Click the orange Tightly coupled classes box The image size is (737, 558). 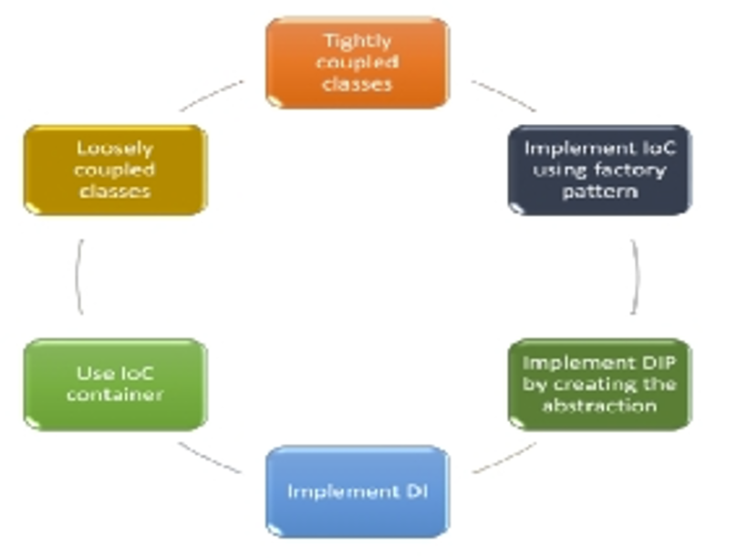tap(358, 63)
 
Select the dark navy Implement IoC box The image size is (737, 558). tap(600, 170)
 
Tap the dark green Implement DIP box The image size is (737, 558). tap(600, 384)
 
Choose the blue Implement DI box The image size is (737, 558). tap(358, 491)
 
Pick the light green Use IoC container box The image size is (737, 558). tap(115, 384)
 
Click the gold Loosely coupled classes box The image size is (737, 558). tap(115, 170)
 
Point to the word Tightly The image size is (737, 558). tap(358, 41)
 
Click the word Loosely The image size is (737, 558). tap(115, 149)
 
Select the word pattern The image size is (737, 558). tap(600, 191)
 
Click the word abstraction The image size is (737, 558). tap(600, 405)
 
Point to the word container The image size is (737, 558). tap(115, 394)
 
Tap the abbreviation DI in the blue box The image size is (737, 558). tap(417, 491)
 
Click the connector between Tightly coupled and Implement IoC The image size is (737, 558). tap(503, 96)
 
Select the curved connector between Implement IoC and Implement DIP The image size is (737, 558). tap(638, 276)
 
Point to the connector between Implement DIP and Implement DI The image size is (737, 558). tap(503, 458)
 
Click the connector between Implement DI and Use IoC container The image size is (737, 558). tap(210, 458)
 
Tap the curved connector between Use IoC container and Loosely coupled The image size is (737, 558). tap(78, 276)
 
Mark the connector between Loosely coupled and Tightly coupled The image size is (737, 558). tap(211, 96)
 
